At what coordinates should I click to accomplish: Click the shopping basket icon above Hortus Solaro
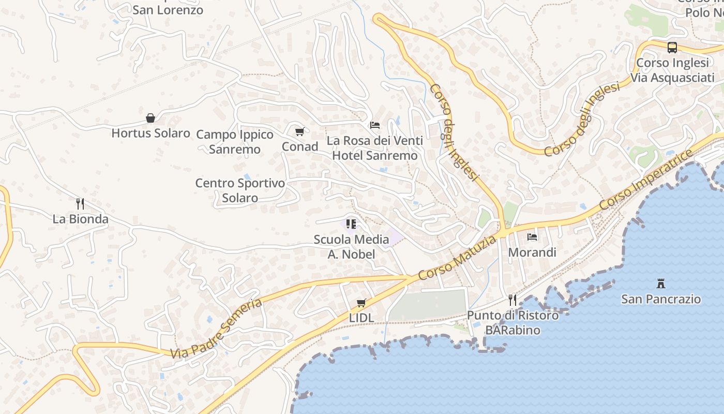point(150,118)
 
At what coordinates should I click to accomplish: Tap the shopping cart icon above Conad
point(299,131)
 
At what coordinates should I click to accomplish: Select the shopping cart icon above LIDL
point(361,303)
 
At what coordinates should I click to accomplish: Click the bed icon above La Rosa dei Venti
point(375,125)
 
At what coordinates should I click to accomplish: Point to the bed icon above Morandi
point(532,237)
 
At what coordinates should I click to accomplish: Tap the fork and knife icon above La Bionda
point(80,203)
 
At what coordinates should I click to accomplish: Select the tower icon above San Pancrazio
point(660,284)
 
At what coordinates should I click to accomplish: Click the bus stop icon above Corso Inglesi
point(672,48)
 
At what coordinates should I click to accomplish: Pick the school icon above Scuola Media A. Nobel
point(351,224)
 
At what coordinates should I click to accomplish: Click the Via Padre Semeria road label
point(217,329)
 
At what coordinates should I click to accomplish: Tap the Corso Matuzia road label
point(457,257)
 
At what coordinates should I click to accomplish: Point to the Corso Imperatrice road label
point(646,180)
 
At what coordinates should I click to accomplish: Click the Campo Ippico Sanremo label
point(235,142)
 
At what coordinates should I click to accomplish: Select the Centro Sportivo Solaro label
point(240,190)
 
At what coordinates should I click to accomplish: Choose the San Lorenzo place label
point(168,10)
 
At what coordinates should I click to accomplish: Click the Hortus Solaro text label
point(151,133)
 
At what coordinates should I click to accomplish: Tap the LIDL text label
point(361,318)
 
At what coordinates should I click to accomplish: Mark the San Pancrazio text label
point(661,299)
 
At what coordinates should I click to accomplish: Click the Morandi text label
point(532,253)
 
